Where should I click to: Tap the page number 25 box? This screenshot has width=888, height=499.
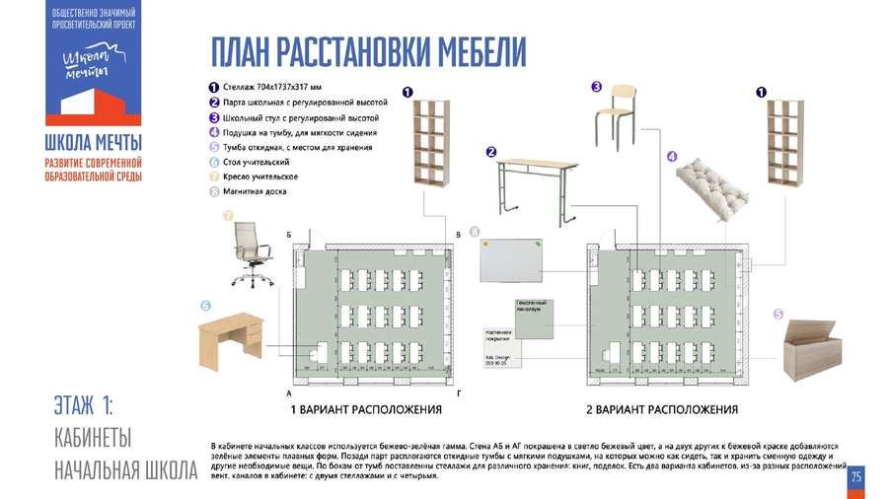(856, 477)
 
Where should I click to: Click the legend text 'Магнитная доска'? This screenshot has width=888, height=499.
(255, 191)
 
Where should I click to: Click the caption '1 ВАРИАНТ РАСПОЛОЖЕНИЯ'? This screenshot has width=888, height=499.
(365, 409)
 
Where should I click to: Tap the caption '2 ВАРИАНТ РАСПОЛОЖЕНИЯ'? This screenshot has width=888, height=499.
(662, 409)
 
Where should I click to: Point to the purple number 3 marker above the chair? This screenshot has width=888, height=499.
(597, 86)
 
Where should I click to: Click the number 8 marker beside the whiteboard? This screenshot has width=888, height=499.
(475, 231)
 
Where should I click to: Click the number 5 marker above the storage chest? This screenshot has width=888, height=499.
(778, 314)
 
